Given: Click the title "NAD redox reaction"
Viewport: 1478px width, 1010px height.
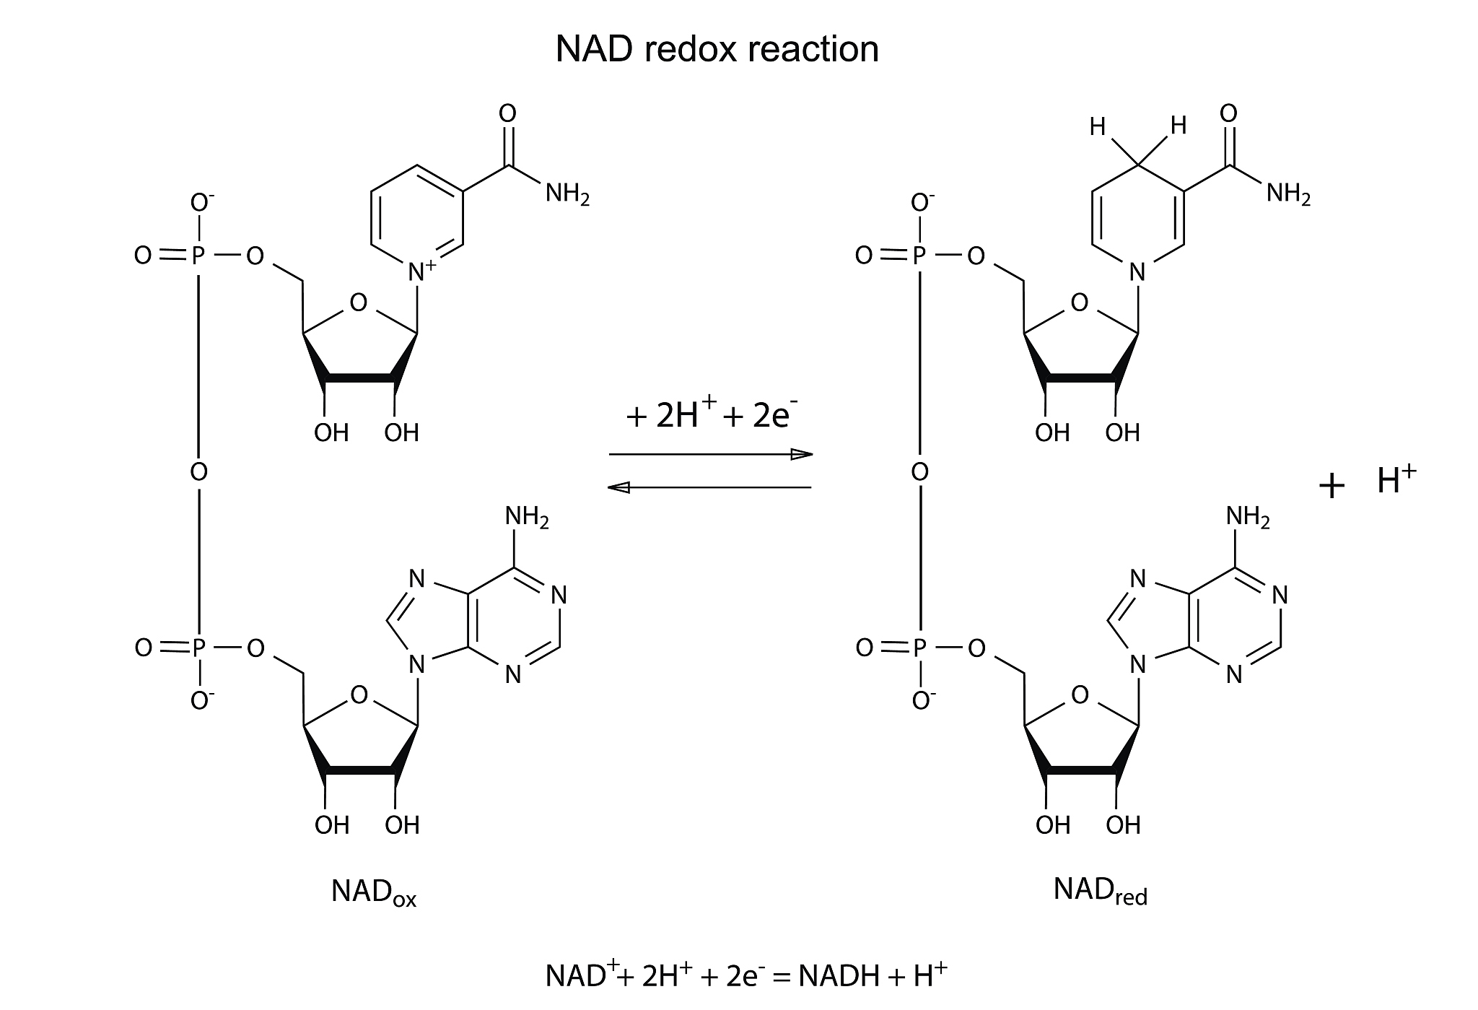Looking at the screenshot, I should pyautogui.click(x=717, y=49).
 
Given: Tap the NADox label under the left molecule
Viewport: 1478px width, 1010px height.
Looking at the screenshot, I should pyautogui.click(x=373, y=892).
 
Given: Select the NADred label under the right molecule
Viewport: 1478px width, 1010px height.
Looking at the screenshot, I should pyautogui.click(x=1100, y=891).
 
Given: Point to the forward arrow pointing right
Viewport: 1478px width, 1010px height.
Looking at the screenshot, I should pyautogui.click(x=711, y=455).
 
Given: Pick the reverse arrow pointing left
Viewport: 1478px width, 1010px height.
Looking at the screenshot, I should pyautogui.click(x=710, y=488).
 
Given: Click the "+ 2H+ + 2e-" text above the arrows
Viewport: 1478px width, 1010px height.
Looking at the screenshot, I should pyautogui.click(x=712, y=417).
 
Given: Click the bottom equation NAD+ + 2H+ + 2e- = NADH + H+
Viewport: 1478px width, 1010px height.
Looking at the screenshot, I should pyautogui.click(x=745, y=975).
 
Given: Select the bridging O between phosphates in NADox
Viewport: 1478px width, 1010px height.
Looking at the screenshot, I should pyautogui.click(x=198, y=472).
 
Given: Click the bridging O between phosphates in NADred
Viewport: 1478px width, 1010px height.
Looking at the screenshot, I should pyautogui.click(x=919, y=472).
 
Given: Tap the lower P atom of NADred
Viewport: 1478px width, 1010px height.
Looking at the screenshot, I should pyautogui.click(x=919, y=649).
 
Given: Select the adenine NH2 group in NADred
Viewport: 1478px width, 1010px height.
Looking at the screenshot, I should pyautogui.click(x=1248, y=517).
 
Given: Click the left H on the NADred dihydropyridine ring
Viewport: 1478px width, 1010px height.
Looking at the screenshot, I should pyautogui.click(x=1098, y=129).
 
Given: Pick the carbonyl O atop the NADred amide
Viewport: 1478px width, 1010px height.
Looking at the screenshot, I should pyautogui.click(x=1228, y=113).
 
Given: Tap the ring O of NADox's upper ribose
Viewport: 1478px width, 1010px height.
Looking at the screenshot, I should pyautogui.click(x=358, y=302).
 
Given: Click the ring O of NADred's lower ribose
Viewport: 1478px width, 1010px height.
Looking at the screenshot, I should pyautogui.click(x=1080, y=695).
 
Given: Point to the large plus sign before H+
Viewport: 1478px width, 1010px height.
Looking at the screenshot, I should pyautogui.click(x=1331, y=487).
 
